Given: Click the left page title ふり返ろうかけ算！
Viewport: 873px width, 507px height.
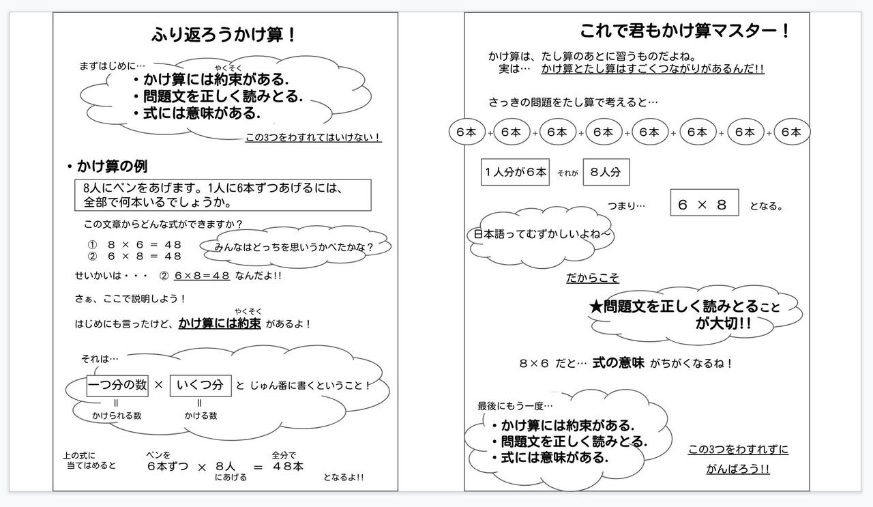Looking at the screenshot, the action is tap(224, 34).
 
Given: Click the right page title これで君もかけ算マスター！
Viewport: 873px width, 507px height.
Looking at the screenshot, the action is tap(685, 31).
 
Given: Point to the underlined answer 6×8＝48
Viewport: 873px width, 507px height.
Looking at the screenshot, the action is tap(201, 276).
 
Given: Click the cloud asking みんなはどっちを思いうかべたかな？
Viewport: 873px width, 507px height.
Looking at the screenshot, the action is tap(294, 246).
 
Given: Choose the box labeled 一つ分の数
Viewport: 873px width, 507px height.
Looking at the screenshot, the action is tap(117, 385).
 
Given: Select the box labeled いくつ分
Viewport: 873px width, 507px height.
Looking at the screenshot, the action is tap(200, 385).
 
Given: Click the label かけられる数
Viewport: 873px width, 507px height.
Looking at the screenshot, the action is tap(117, 415).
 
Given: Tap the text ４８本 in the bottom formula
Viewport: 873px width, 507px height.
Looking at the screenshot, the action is tap(288, 467).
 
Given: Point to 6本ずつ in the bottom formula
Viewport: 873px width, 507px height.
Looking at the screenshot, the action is tap(167, 467).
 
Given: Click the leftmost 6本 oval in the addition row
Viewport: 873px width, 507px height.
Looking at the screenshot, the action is tap(467, 132).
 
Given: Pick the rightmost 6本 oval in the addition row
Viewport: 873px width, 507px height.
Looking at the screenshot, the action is tap(791, 132).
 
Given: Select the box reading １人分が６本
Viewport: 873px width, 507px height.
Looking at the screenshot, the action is tap(515, 173).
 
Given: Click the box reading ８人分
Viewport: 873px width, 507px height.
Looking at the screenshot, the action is tap(606, 173).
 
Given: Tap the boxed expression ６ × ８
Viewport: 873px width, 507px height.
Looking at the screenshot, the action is tap(704, 203).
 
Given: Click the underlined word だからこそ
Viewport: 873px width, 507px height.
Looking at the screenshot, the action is tap(592, 278).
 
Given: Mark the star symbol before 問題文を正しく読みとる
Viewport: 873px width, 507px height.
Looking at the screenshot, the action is tap(596, 306).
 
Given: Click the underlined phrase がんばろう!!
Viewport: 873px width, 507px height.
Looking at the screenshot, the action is tap(738, 469).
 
